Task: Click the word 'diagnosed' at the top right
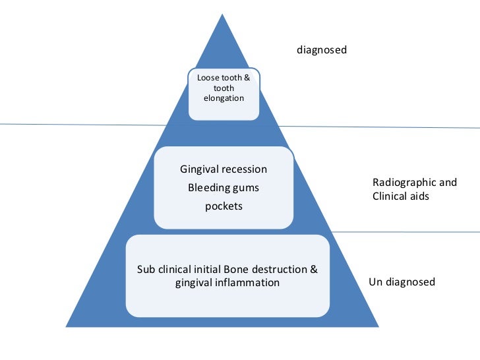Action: (x=322, y=49)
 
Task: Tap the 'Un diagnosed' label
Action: (x=402, y=282)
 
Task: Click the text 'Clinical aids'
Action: (x=401, y=196)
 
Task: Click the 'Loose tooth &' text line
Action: (x=224, y=78)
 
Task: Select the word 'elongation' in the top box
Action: (x=224, y=98)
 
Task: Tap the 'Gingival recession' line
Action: (x=224, y=169)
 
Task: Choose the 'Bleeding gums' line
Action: (x=224, y=188)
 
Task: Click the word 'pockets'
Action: (x=224, y=206)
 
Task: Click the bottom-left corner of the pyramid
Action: (x=67, y=326)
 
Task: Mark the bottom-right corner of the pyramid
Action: (x=378, y=326)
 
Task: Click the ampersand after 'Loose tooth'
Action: (x=247, y=78)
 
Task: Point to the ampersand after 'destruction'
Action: (x=314, y=269)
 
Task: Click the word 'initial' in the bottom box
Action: (x=206, y=269)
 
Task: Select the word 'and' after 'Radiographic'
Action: (x=448, y=182)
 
